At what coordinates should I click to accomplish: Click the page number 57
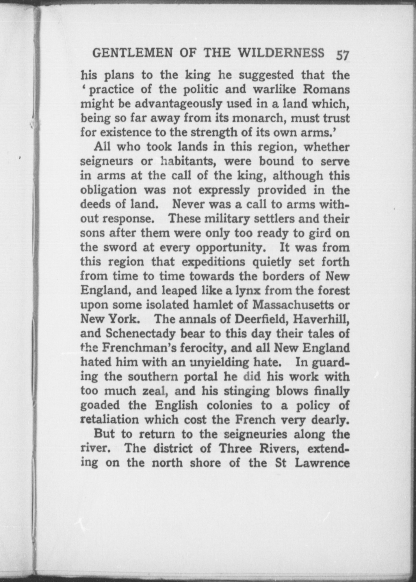343,54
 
